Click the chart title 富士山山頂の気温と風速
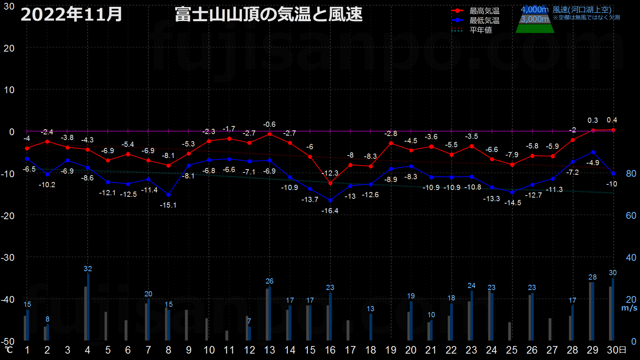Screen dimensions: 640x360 [268, 14]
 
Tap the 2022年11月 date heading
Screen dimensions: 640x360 [72, 14]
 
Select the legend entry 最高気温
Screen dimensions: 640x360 [484, 11]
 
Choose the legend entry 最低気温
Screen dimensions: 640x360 [484, 20]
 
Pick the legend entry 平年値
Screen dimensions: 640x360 [480, 30]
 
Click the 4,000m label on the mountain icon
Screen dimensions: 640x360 [534, 10]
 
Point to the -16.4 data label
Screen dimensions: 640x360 [330, 211]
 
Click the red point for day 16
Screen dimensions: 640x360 [330, 183]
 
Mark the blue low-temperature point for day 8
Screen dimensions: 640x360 [168, 195]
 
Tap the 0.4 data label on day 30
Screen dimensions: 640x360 [612, 120]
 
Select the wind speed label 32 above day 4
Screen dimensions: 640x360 [88, 269]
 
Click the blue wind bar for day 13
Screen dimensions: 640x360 [270, 314]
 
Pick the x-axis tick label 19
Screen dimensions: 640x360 [391, 350]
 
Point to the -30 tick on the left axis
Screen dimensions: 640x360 [8, 258]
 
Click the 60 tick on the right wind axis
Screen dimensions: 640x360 [631, 216]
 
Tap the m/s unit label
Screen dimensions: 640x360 [629, 308]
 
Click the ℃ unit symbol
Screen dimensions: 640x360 [9, 350]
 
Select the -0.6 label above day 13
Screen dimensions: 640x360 [269, 124]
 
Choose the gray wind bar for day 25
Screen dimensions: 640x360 [510, 331]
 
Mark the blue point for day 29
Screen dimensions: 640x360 [593, 152]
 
